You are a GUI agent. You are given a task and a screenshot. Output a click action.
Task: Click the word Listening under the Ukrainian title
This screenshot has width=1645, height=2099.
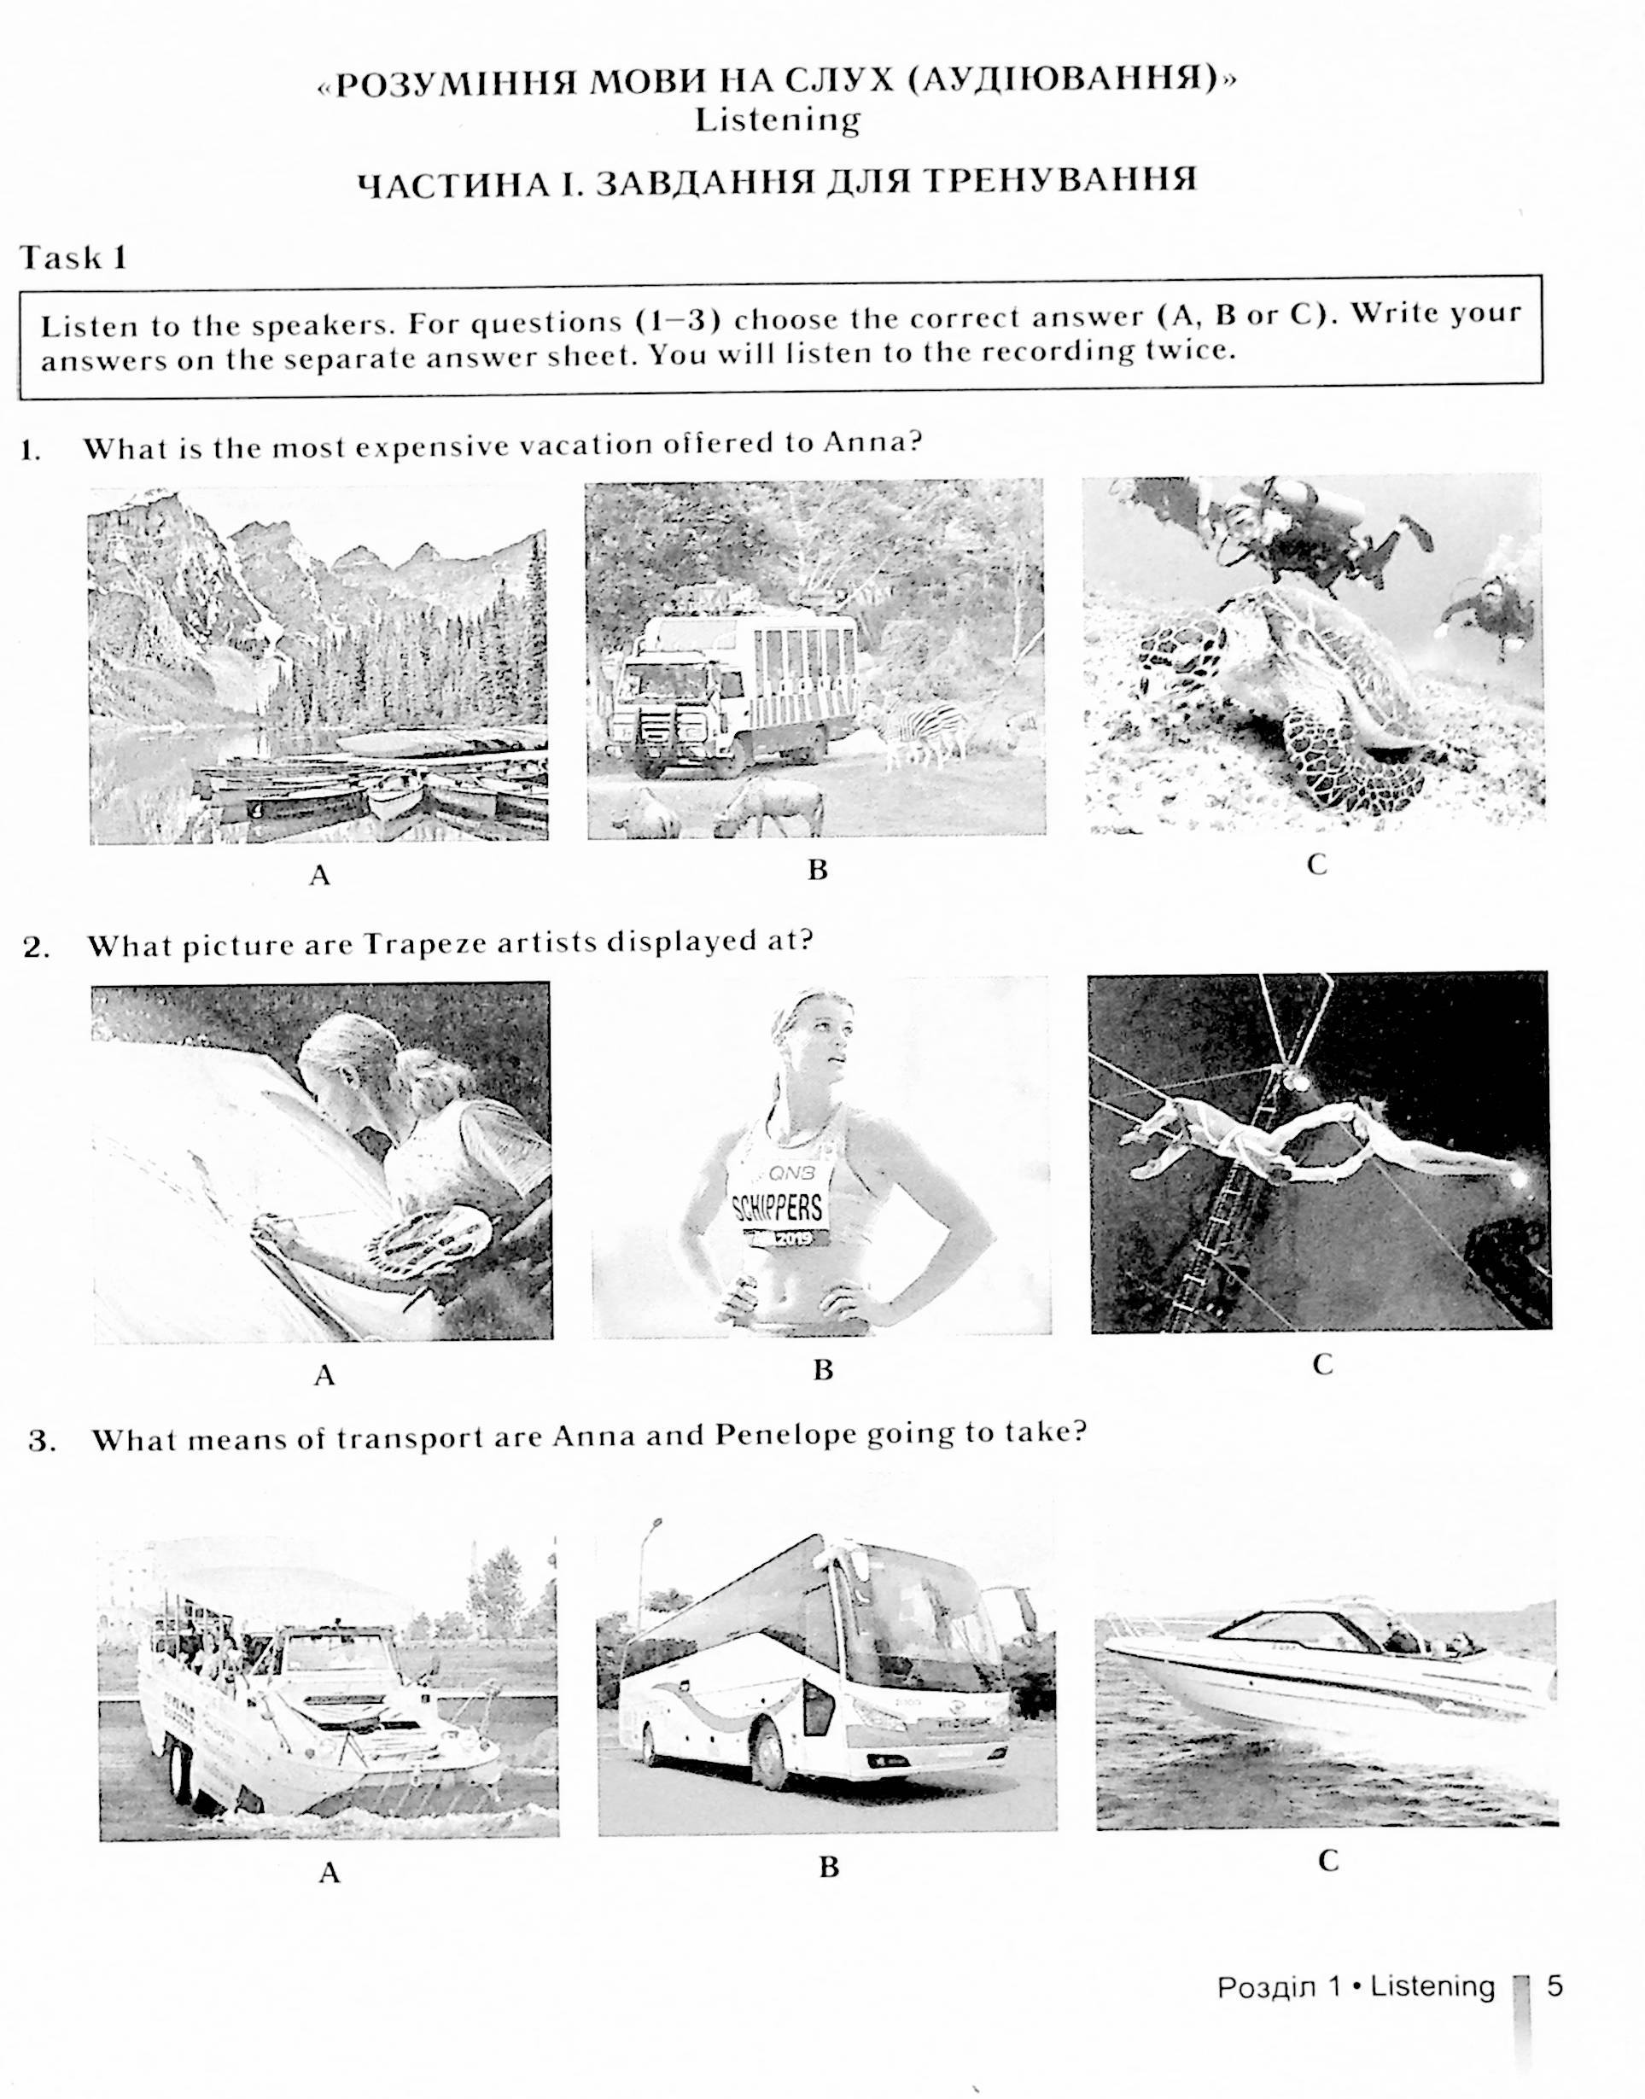tap(777, 120)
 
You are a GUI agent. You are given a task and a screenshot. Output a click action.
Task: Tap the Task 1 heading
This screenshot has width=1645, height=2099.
tap(74, 257)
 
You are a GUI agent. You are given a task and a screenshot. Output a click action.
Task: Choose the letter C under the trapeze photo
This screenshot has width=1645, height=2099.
tap(1322, 1364)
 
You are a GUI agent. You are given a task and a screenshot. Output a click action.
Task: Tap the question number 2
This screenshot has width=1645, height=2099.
tap(36, 948)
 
